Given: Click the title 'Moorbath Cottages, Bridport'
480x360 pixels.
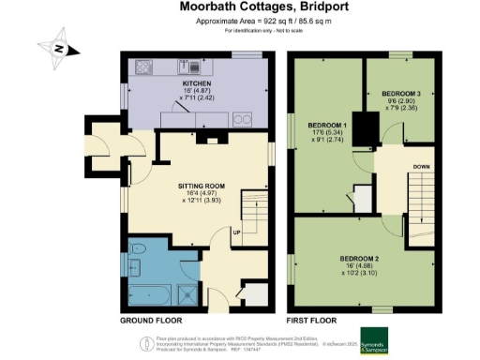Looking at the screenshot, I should tap(239, 7).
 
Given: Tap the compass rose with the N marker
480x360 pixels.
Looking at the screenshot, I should tap(57, 49).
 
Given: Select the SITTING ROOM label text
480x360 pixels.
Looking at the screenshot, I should tap(203, 186).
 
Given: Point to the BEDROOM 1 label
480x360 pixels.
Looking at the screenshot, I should tap(329, 126).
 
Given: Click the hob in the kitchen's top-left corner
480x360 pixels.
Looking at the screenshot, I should tap(145, 67).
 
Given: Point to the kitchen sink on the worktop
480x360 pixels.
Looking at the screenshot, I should tap(190, 67).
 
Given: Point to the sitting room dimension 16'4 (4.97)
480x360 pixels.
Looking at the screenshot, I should tap(203, 195).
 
